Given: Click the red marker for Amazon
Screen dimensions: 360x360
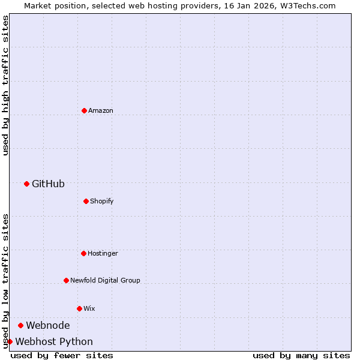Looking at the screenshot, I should tap(84, 110).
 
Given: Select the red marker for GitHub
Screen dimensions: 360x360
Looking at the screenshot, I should tap(26, 184).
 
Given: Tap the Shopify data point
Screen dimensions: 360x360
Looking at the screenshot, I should tap(86, 201).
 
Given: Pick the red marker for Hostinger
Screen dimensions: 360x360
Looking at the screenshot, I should tap(83, 253).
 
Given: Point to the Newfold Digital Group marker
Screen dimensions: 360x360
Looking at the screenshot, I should tap(66, 280).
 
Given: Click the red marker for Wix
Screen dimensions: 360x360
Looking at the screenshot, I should tap(79, 308).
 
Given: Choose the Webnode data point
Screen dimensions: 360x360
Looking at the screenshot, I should tap(20, 325).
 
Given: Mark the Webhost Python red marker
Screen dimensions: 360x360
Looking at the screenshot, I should tap(10, 341).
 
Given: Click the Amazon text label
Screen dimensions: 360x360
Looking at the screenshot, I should tap(101, 110).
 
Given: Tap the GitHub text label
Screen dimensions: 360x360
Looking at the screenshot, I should tap(48, 184).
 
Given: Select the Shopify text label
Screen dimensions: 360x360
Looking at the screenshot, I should tap(102, 201).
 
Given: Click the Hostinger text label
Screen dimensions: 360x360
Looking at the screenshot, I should tap(103, 253).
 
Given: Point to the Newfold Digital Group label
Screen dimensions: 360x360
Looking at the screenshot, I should tap(105, 280).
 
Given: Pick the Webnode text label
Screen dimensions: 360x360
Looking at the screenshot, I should tap(47, 325).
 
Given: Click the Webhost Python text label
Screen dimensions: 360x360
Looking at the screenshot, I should tap(54, 341).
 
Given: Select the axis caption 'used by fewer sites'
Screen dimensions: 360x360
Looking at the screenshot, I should tap(62, 355).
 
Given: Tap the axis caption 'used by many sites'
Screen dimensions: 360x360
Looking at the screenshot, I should tap(301, 355).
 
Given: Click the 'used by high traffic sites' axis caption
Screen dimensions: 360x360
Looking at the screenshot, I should tap(5, 85).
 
